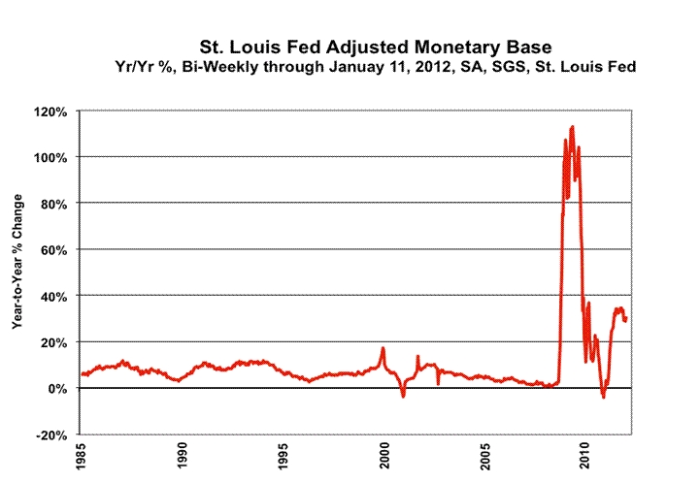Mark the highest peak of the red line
572,126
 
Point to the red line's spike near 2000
383,347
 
